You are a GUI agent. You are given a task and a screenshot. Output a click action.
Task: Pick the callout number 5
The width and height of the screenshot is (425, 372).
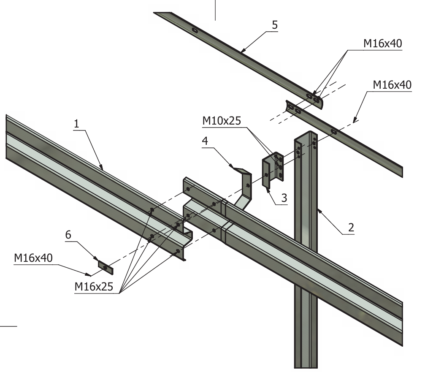275,25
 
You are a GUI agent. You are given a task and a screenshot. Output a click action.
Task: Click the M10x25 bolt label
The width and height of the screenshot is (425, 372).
222,122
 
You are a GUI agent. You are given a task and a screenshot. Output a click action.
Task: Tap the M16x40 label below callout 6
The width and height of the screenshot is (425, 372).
33,258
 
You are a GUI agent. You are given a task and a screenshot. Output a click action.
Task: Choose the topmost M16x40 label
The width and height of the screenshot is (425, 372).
382,43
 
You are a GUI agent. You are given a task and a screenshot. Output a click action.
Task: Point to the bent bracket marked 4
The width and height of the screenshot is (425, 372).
244,186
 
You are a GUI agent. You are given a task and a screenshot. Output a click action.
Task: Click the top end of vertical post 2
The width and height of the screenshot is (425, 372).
306,136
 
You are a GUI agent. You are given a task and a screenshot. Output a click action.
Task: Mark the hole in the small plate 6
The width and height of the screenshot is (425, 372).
105,267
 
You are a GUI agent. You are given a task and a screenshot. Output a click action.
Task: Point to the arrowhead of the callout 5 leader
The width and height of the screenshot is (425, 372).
241,52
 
